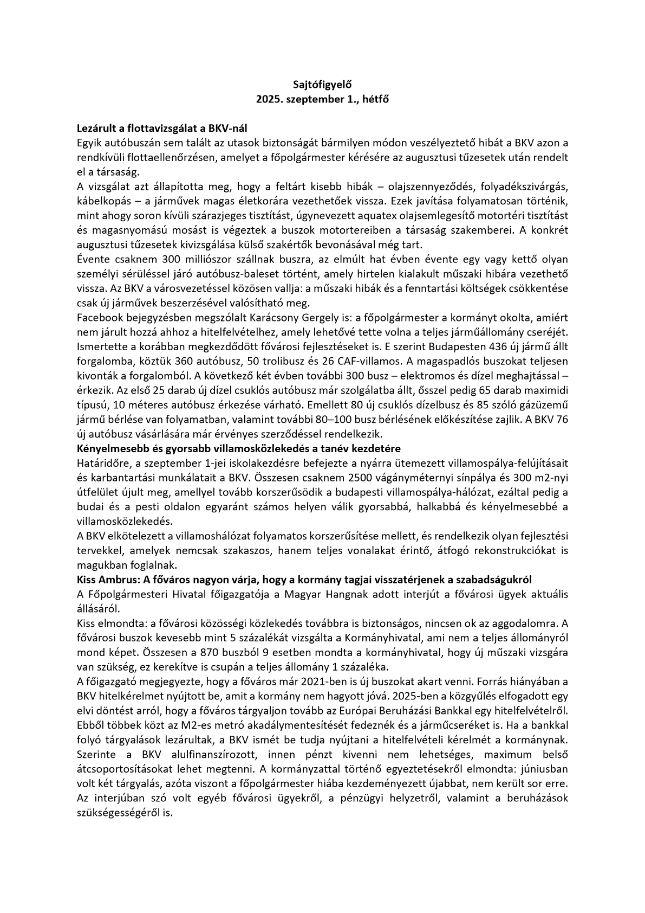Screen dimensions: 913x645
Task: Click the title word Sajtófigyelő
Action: click(322, 85)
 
